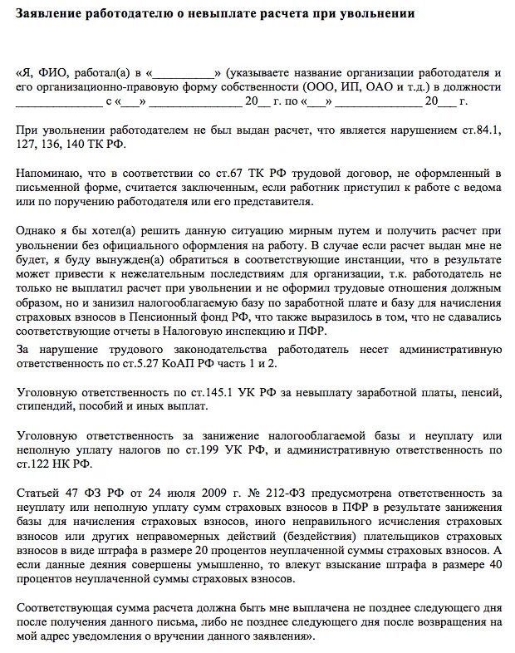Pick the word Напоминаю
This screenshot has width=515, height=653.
pos(47,173)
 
